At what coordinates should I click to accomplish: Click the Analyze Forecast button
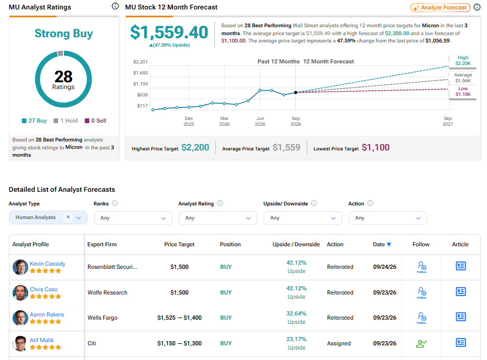440,7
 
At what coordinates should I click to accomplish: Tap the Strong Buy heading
63,34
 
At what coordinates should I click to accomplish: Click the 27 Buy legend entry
34,121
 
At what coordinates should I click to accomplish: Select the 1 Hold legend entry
66,121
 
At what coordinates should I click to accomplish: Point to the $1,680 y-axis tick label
140,73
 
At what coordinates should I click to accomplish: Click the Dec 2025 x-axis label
189,122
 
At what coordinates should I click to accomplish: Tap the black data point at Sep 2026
296,92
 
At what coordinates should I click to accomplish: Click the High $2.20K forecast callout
463,60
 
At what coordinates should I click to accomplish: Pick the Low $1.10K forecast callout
463,92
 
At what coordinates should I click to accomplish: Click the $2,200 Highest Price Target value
195,147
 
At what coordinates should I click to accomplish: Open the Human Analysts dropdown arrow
79,218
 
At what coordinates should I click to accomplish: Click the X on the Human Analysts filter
68,217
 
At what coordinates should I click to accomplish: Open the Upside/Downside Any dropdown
302,218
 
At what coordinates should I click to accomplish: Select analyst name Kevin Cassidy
48,264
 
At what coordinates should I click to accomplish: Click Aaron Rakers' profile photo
20,318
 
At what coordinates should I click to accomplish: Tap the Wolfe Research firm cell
107,292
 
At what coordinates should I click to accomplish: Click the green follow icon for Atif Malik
421,344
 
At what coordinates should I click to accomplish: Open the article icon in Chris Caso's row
461,292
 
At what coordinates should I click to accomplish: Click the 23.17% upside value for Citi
296,339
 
